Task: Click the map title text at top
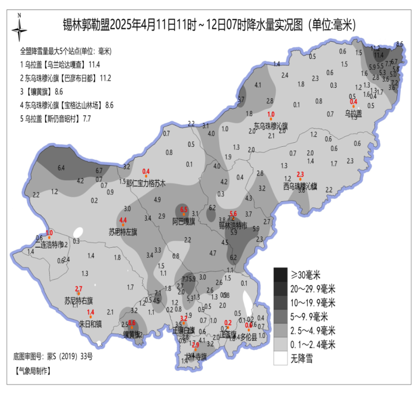coord(209,25)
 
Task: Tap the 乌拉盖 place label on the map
coord(353,113)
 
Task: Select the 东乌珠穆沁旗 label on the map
coord(271,126)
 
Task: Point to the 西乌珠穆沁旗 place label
coord(300,186)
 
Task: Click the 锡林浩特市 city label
coord(233,226)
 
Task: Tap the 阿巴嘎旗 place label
coord(183,222)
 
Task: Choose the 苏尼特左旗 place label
coord(123,232)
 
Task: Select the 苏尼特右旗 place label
coord(78,300)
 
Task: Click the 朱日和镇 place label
coord(90,323)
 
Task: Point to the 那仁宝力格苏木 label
coord(146,183)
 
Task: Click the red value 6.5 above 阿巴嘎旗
coord(184,209)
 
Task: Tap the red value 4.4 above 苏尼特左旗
coord(123,220)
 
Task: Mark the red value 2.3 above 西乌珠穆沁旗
coord(300,174)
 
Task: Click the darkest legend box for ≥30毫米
coord(281,275)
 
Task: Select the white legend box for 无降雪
coord(281,358)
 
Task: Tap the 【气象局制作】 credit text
coord(33,371)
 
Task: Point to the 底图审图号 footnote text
coord(53,356)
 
